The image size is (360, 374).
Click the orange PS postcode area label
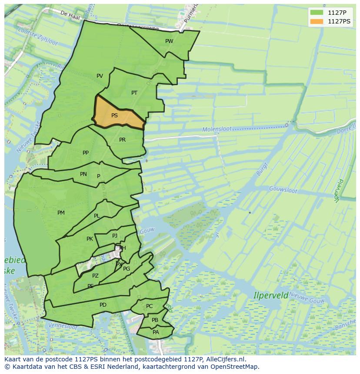[x=114, y=116]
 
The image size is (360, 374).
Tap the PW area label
[x=169, y=41]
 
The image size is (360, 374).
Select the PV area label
[x=100, y=76]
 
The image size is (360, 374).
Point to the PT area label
[x=134, y=93]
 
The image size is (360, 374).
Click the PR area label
[x=122, y=140]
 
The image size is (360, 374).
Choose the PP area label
[x=86, y=153]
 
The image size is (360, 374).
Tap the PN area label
[x=83, y=174]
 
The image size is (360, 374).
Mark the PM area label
[x=61, y=213]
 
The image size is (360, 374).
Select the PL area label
[x=97, y=216]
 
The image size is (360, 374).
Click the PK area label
[x=90, y=239]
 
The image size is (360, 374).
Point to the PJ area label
[x=115, y=236]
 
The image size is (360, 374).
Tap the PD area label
[x=103, y=305]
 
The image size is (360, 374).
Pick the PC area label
[x=149, y=306]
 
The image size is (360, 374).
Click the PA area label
[x=156, y=332]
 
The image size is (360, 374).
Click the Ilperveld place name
[x=271, y=295]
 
